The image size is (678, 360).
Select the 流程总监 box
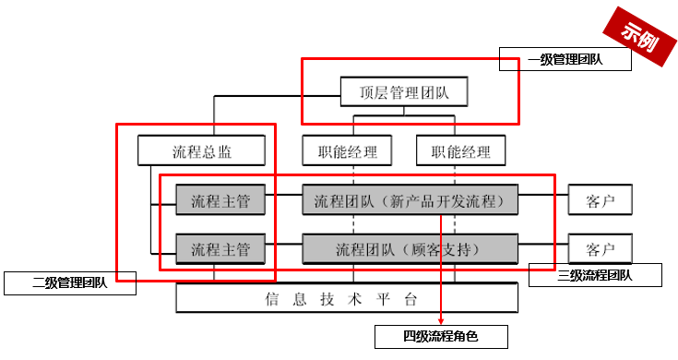[x=201, y=150]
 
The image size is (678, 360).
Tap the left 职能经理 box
[x=340, y=150]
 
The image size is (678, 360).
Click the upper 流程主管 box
[x=220, y=199]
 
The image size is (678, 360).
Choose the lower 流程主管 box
[x=220, y=248]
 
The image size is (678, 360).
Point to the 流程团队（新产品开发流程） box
[x=410, y=199]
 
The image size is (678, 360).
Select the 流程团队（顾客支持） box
[x=410, y=248]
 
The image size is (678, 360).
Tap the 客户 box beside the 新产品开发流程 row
[x=601, y=199]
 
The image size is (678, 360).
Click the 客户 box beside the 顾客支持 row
[x=601, y=248]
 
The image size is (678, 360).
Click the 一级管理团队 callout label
[x=565, y=60]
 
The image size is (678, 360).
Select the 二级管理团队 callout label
[x=70, y=282]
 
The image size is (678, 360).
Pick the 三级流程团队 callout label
[x=595, y=274]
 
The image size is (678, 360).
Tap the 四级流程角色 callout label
[x=441, y=336]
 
